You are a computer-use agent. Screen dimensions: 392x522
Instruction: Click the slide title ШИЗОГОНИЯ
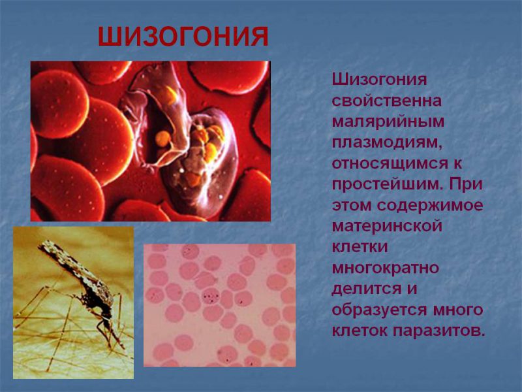183,37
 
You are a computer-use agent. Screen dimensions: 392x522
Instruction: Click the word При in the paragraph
467,184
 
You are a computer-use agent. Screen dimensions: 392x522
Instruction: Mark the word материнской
387,226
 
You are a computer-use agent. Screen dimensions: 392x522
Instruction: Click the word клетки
360,247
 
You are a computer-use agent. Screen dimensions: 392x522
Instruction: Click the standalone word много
456,310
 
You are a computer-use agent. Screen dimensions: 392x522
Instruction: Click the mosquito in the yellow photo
82,287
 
